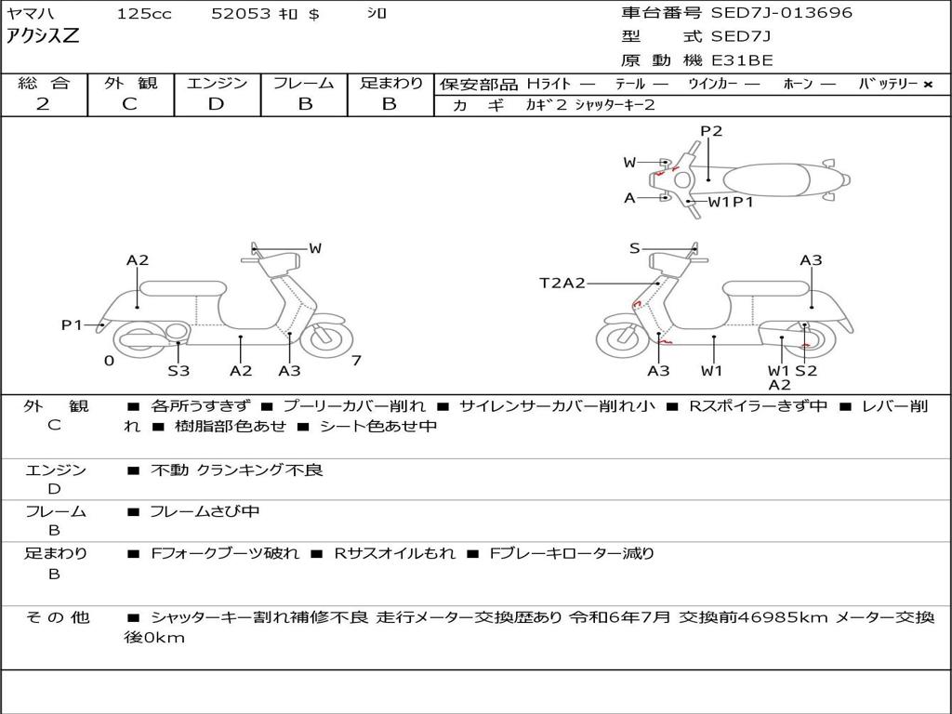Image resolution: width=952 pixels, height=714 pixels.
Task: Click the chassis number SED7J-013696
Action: [781, 13]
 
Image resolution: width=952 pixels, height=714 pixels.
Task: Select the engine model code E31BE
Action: [742, 61]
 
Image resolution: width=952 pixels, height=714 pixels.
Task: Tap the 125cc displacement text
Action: [138, 14]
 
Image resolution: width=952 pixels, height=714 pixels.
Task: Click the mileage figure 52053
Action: [241, 14]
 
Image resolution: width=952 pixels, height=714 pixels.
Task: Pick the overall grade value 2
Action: [43, 104]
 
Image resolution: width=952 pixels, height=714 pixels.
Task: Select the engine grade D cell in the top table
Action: [216, 104]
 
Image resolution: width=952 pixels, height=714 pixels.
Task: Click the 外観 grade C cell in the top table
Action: [129, 104]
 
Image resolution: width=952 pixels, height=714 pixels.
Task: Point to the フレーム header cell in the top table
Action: [304, 83]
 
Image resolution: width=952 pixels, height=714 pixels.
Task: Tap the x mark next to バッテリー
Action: [927, 85]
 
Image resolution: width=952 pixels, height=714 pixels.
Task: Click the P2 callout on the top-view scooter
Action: [711, 131]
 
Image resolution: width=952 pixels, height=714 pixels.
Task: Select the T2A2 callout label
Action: [562, 283]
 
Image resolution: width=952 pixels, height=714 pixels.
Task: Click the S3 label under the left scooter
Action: [178, 371]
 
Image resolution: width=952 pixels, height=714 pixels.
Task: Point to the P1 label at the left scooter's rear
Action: [72, 324]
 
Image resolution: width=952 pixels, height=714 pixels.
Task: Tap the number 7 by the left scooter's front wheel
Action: [356, 361]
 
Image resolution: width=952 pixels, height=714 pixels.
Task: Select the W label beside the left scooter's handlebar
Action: [315, 248]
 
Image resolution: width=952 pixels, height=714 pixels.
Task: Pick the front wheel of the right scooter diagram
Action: [621, 338]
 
